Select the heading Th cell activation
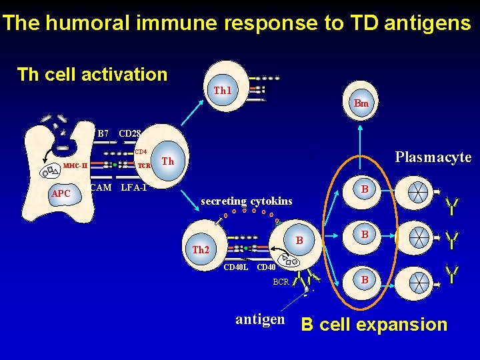[92, 74]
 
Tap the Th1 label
[222, 90]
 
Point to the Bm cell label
[361, 103]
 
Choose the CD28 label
[128, 133]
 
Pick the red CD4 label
[141, 151]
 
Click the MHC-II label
[75, 165]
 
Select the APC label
[61, 193]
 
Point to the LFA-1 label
[134, 187]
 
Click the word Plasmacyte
[433, 157]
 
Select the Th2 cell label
[201, 250]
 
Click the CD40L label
[236, 268]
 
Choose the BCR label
[281, 282]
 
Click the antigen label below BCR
[260, 319]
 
